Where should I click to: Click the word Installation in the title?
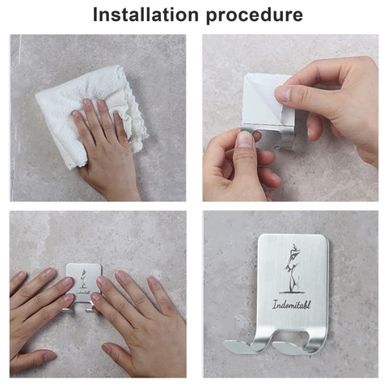click(x=145, y=15)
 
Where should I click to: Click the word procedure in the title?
click(x=255, y=15)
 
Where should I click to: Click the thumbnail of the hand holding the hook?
click(x=245, y=140)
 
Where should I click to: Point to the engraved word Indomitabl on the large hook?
click(x=292, y=305)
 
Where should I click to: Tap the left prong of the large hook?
click(x=244, y=346)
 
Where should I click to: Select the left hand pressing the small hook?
click(x=40, y=310)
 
